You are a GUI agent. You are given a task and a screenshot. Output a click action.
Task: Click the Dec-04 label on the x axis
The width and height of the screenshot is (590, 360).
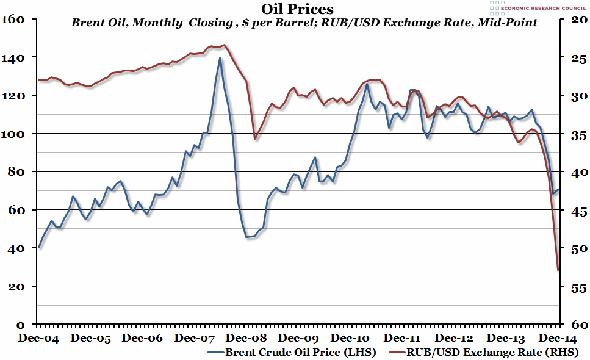click(x=38, y=337)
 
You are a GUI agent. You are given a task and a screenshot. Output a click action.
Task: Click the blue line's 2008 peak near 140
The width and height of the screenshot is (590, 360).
click(x=220, y=57)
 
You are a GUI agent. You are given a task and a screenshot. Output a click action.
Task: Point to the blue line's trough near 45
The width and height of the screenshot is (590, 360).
click(x=246, y=237)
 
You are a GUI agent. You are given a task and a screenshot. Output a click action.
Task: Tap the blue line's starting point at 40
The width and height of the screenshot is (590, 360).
click(x=38, y=247)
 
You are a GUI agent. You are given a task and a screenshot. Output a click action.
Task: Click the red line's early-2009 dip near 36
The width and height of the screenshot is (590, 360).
click(x=255, y=139)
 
